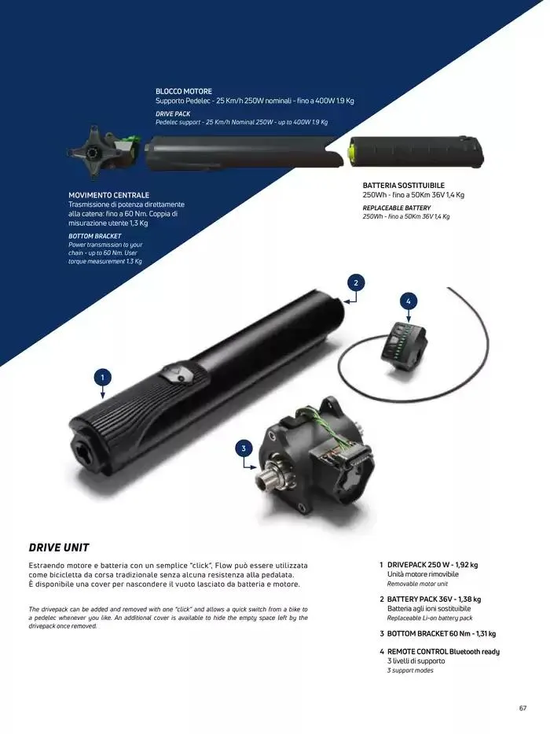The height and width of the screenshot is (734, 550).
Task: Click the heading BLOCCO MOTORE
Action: (184, 91)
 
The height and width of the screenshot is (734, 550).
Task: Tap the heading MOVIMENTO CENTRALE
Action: (108, 195)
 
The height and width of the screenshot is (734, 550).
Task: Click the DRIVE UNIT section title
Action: (59, 548)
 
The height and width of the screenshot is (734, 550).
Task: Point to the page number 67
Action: (522, 708)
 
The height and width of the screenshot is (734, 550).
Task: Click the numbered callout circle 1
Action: (102, 378)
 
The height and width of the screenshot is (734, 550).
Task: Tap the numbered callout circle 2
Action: (356, 282)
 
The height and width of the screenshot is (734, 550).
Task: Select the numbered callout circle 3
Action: (244, 448)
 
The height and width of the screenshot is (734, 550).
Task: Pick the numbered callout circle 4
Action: (409, 301)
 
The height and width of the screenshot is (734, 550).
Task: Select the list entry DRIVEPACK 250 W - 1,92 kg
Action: (432, 565)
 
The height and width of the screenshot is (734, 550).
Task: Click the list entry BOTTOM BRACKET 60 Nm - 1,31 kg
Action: (441, 633)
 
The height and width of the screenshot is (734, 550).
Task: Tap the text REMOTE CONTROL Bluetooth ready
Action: (443, 651)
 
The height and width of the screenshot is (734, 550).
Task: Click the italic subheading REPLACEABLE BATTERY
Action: (397, 208)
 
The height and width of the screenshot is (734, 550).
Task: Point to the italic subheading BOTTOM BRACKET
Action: (95, 236)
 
